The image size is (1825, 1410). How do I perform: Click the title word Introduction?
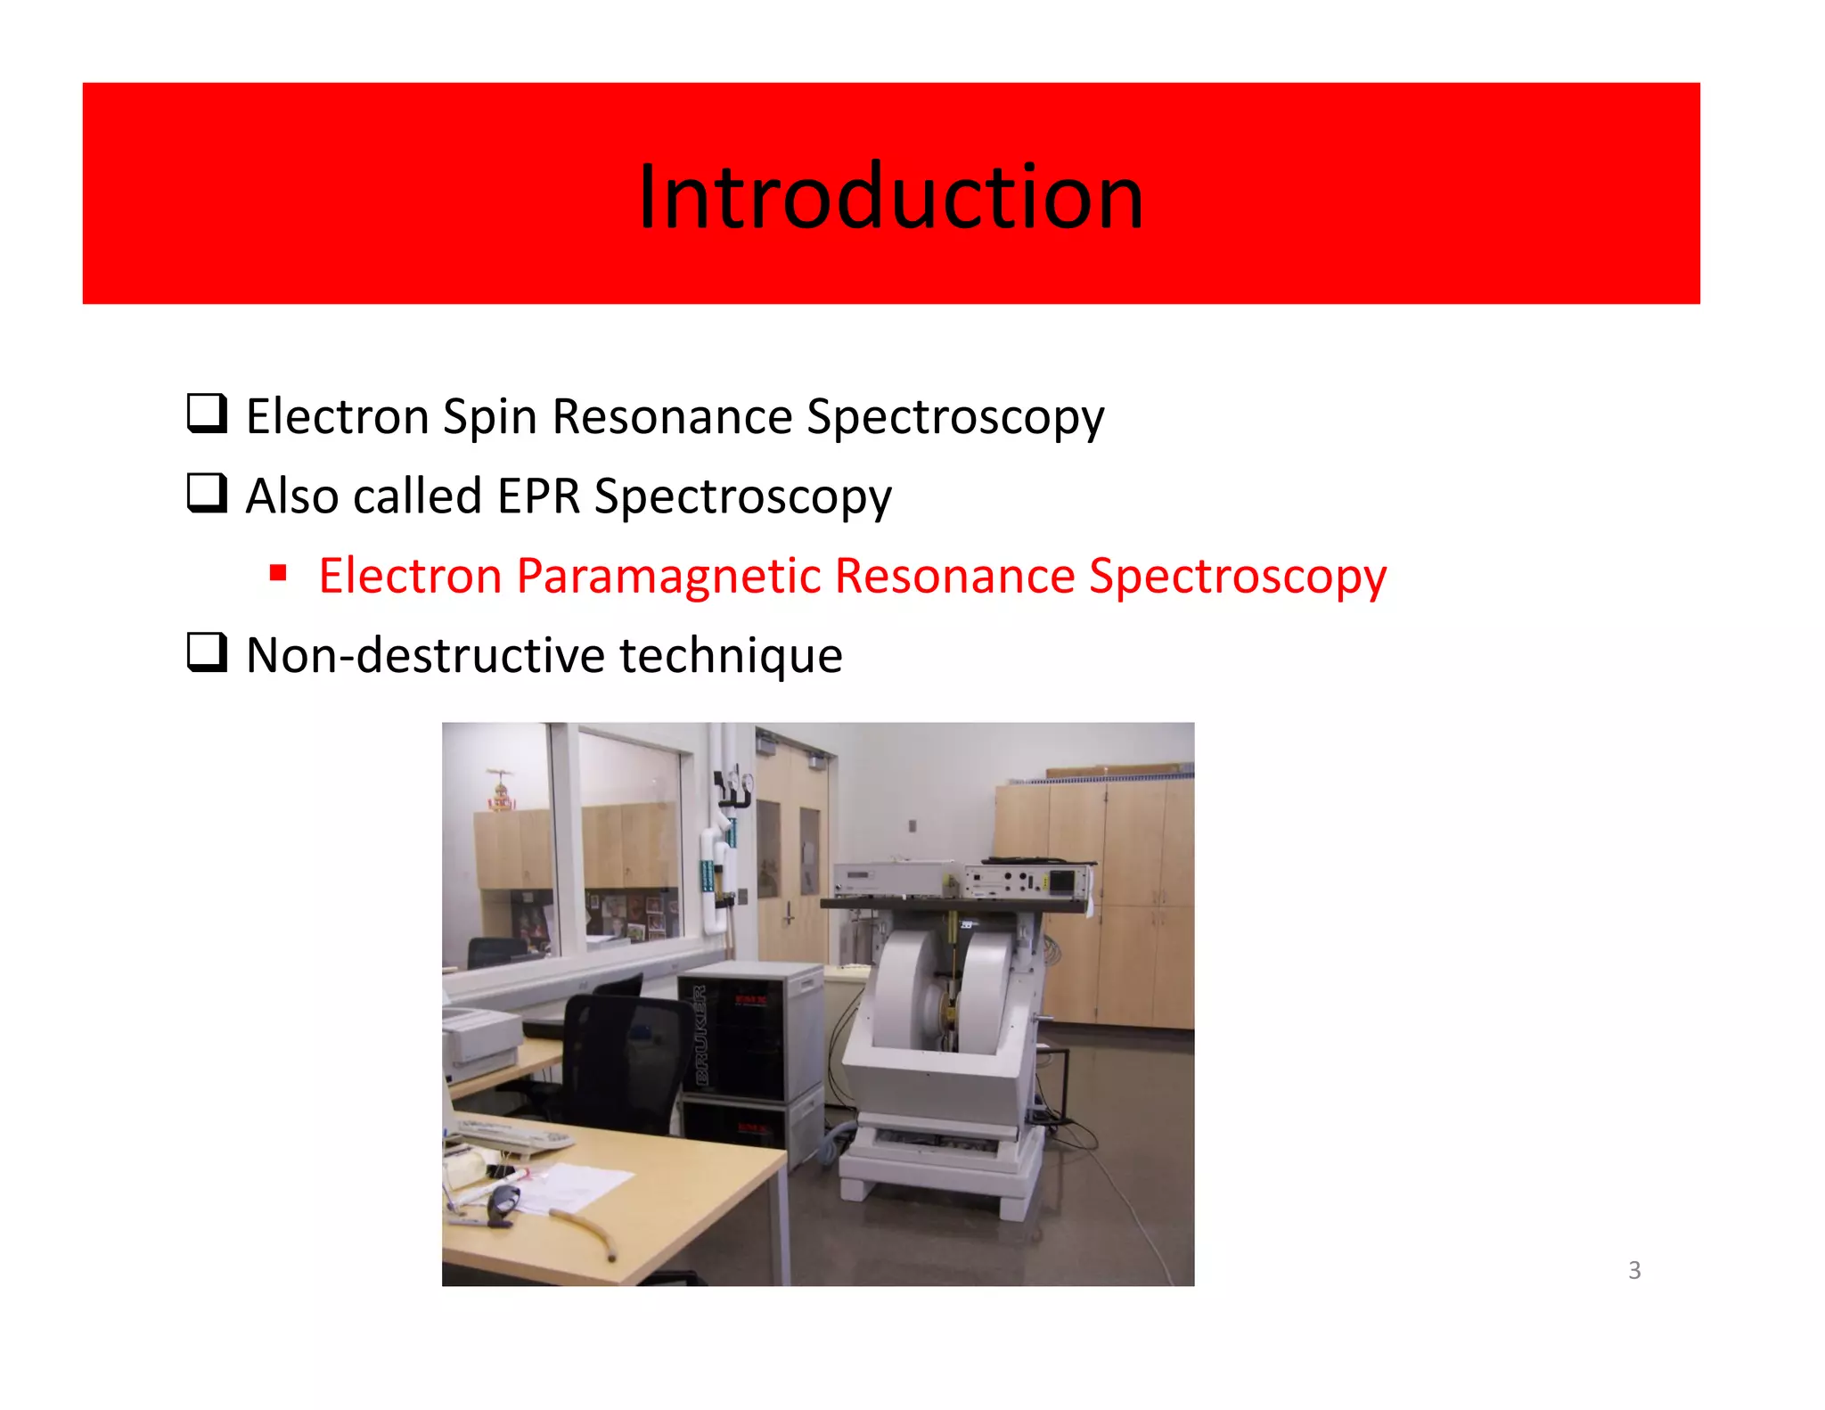pos(890,197)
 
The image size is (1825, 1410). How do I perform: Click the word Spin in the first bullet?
pos(488,417)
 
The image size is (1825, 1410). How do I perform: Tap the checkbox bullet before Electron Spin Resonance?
pos(207,414)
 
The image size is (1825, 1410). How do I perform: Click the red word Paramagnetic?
pos(667,576)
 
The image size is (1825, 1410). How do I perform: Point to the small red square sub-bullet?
pos(278,572)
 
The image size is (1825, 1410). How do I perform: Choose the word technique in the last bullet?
pos(731,655)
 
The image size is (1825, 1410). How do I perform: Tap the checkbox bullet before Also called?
pos(207,493)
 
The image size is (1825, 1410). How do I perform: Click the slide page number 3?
pos(1633,1269)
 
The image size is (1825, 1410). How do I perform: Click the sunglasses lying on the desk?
pos(503,1199)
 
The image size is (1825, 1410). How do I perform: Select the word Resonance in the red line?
pos(954,576)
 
